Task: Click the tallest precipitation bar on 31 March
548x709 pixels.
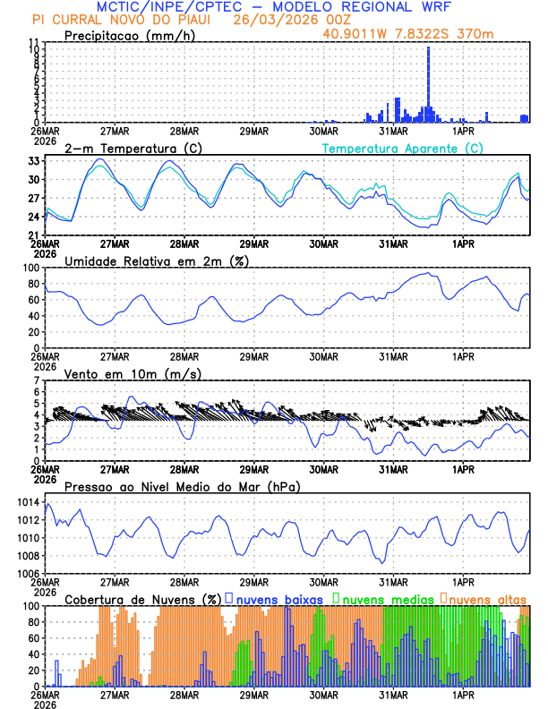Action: (428, 85)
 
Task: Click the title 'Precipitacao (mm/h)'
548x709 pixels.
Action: (130, 36)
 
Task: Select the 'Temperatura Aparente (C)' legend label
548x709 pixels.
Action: (402, 148)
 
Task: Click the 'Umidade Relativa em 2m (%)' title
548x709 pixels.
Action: (158, 261)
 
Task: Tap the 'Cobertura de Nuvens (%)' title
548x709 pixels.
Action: (142, 598)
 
